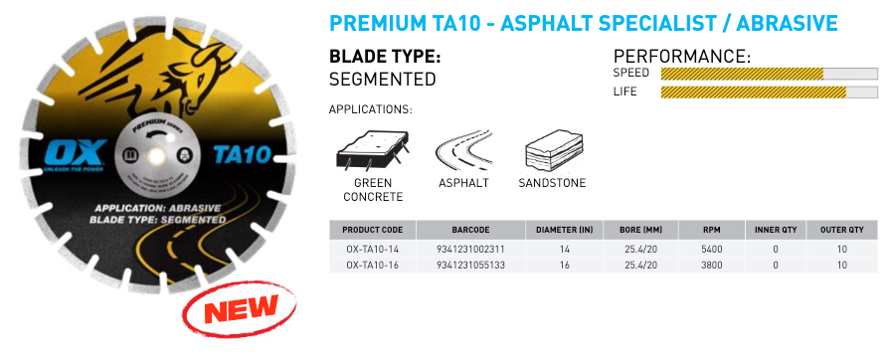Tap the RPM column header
(708, 230)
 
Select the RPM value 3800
(708, 266)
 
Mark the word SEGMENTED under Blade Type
(383, 79)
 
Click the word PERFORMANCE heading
(681, 56)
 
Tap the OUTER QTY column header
(841, 230)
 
